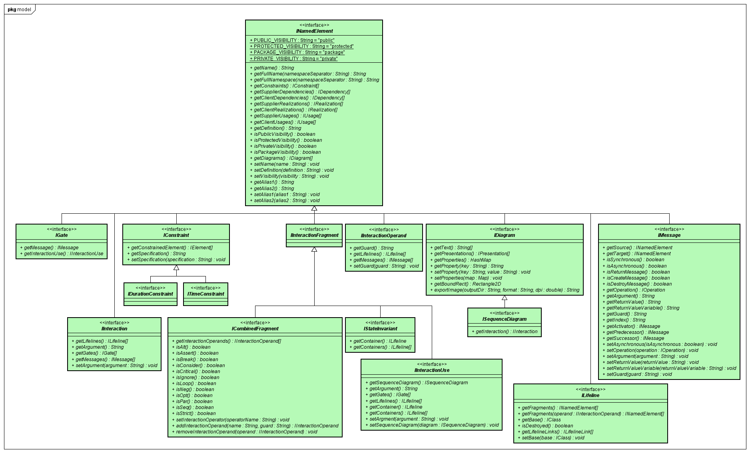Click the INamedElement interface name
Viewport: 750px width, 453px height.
(314, 31)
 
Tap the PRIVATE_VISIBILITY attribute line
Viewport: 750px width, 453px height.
(294, 59)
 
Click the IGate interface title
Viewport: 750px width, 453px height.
(62, 235)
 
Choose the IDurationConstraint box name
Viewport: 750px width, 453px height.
(150, 294)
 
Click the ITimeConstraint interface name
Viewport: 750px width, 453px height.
(205, 294)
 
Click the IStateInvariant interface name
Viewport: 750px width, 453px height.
(380, 329)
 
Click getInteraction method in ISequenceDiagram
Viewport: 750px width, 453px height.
(505, 332)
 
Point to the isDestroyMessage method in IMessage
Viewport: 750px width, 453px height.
(637, 284)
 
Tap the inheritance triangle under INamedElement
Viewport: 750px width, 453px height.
(314, 209)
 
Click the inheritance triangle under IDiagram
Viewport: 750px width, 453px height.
(505, 298)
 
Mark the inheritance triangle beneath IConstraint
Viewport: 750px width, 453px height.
(176, 268)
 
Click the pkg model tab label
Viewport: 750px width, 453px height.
(19, 10)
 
